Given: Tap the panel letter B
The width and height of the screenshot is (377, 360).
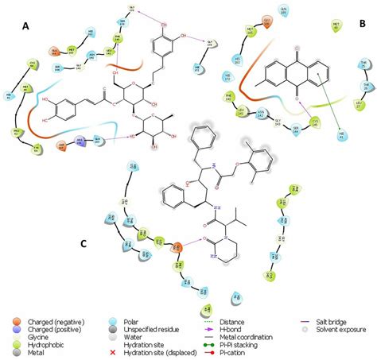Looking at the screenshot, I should pyautogui.click(x=362, y=25).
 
